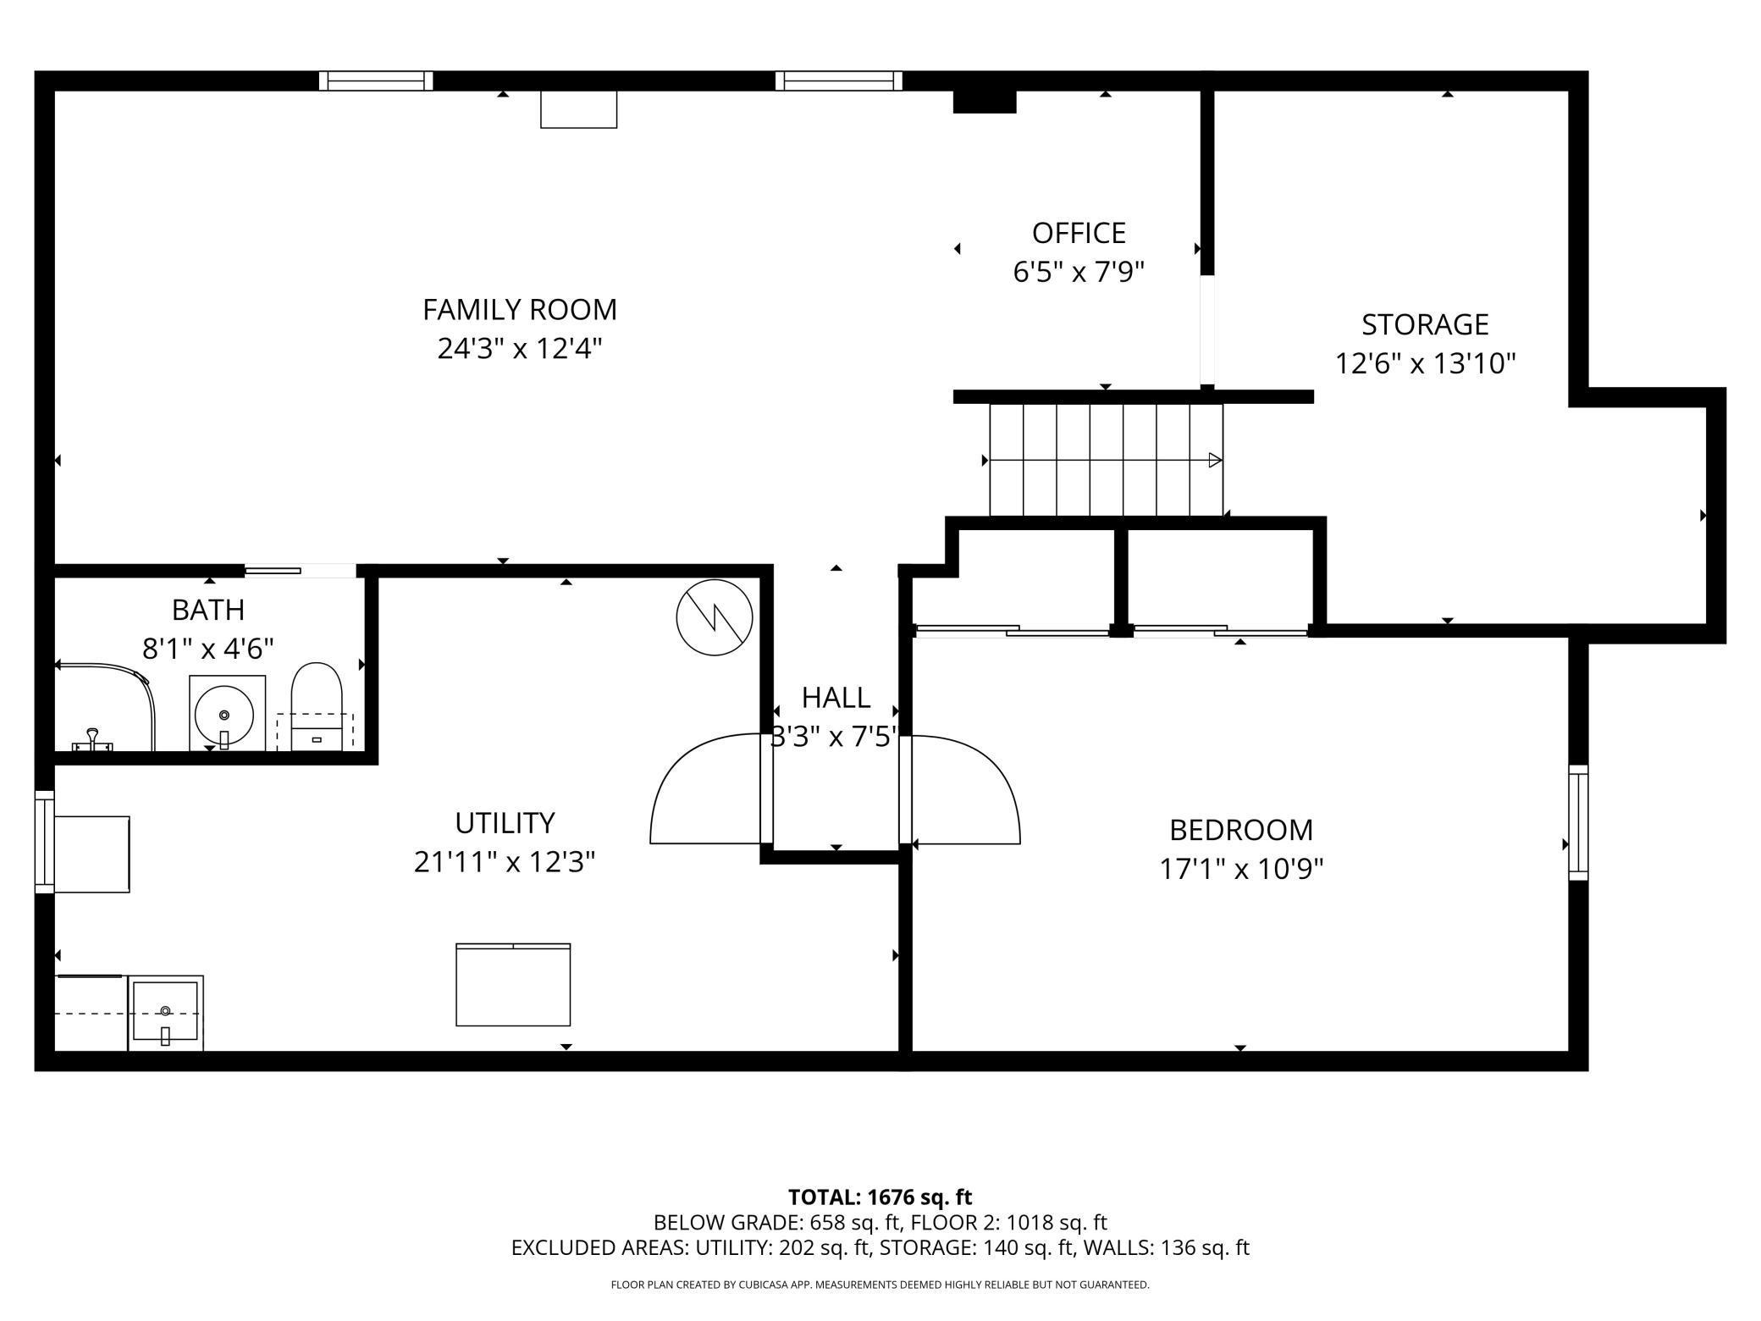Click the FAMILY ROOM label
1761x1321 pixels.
520,310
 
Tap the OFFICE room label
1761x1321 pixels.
1079,233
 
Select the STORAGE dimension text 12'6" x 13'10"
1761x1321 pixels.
1425,363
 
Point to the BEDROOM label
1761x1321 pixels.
1241,830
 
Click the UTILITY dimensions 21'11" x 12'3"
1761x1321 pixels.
505,862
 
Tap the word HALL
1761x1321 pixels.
836,698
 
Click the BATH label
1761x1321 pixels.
208,610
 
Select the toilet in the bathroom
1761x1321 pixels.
317,706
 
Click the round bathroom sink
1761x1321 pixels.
224,714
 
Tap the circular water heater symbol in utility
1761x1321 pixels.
715,617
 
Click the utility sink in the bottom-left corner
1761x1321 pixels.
166,1014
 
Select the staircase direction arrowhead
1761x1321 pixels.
1215,461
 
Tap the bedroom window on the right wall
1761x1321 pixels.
1578,822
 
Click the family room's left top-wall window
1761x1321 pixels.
376,80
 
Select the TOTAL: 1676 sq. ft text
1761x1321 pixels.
880,1197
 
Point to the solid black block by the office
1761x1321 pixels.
984,101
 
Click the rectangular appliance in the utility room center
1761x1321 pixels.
513,985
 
